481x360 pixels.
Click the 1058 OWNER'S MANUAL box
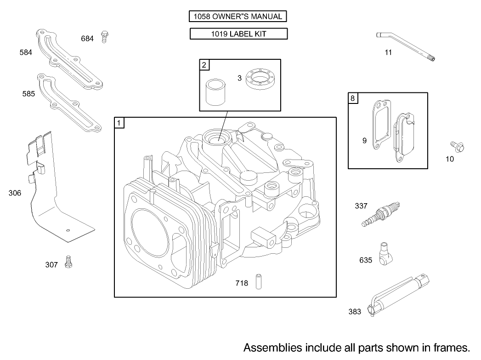point(238,17)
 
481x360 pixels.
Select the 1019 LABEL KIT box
point(238,34)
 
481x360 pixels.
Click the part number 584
point(26,52)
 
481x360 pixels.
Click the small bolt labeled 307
point(70,262)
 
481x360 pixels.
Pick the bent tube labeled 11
point(406,48)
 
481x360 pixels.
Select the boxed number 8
point(352,98)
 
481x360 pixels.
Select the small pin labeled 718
point(259,281)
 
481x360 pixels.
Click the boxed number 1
point(119,123)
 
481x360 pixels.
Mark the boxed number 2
point(204,65)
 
